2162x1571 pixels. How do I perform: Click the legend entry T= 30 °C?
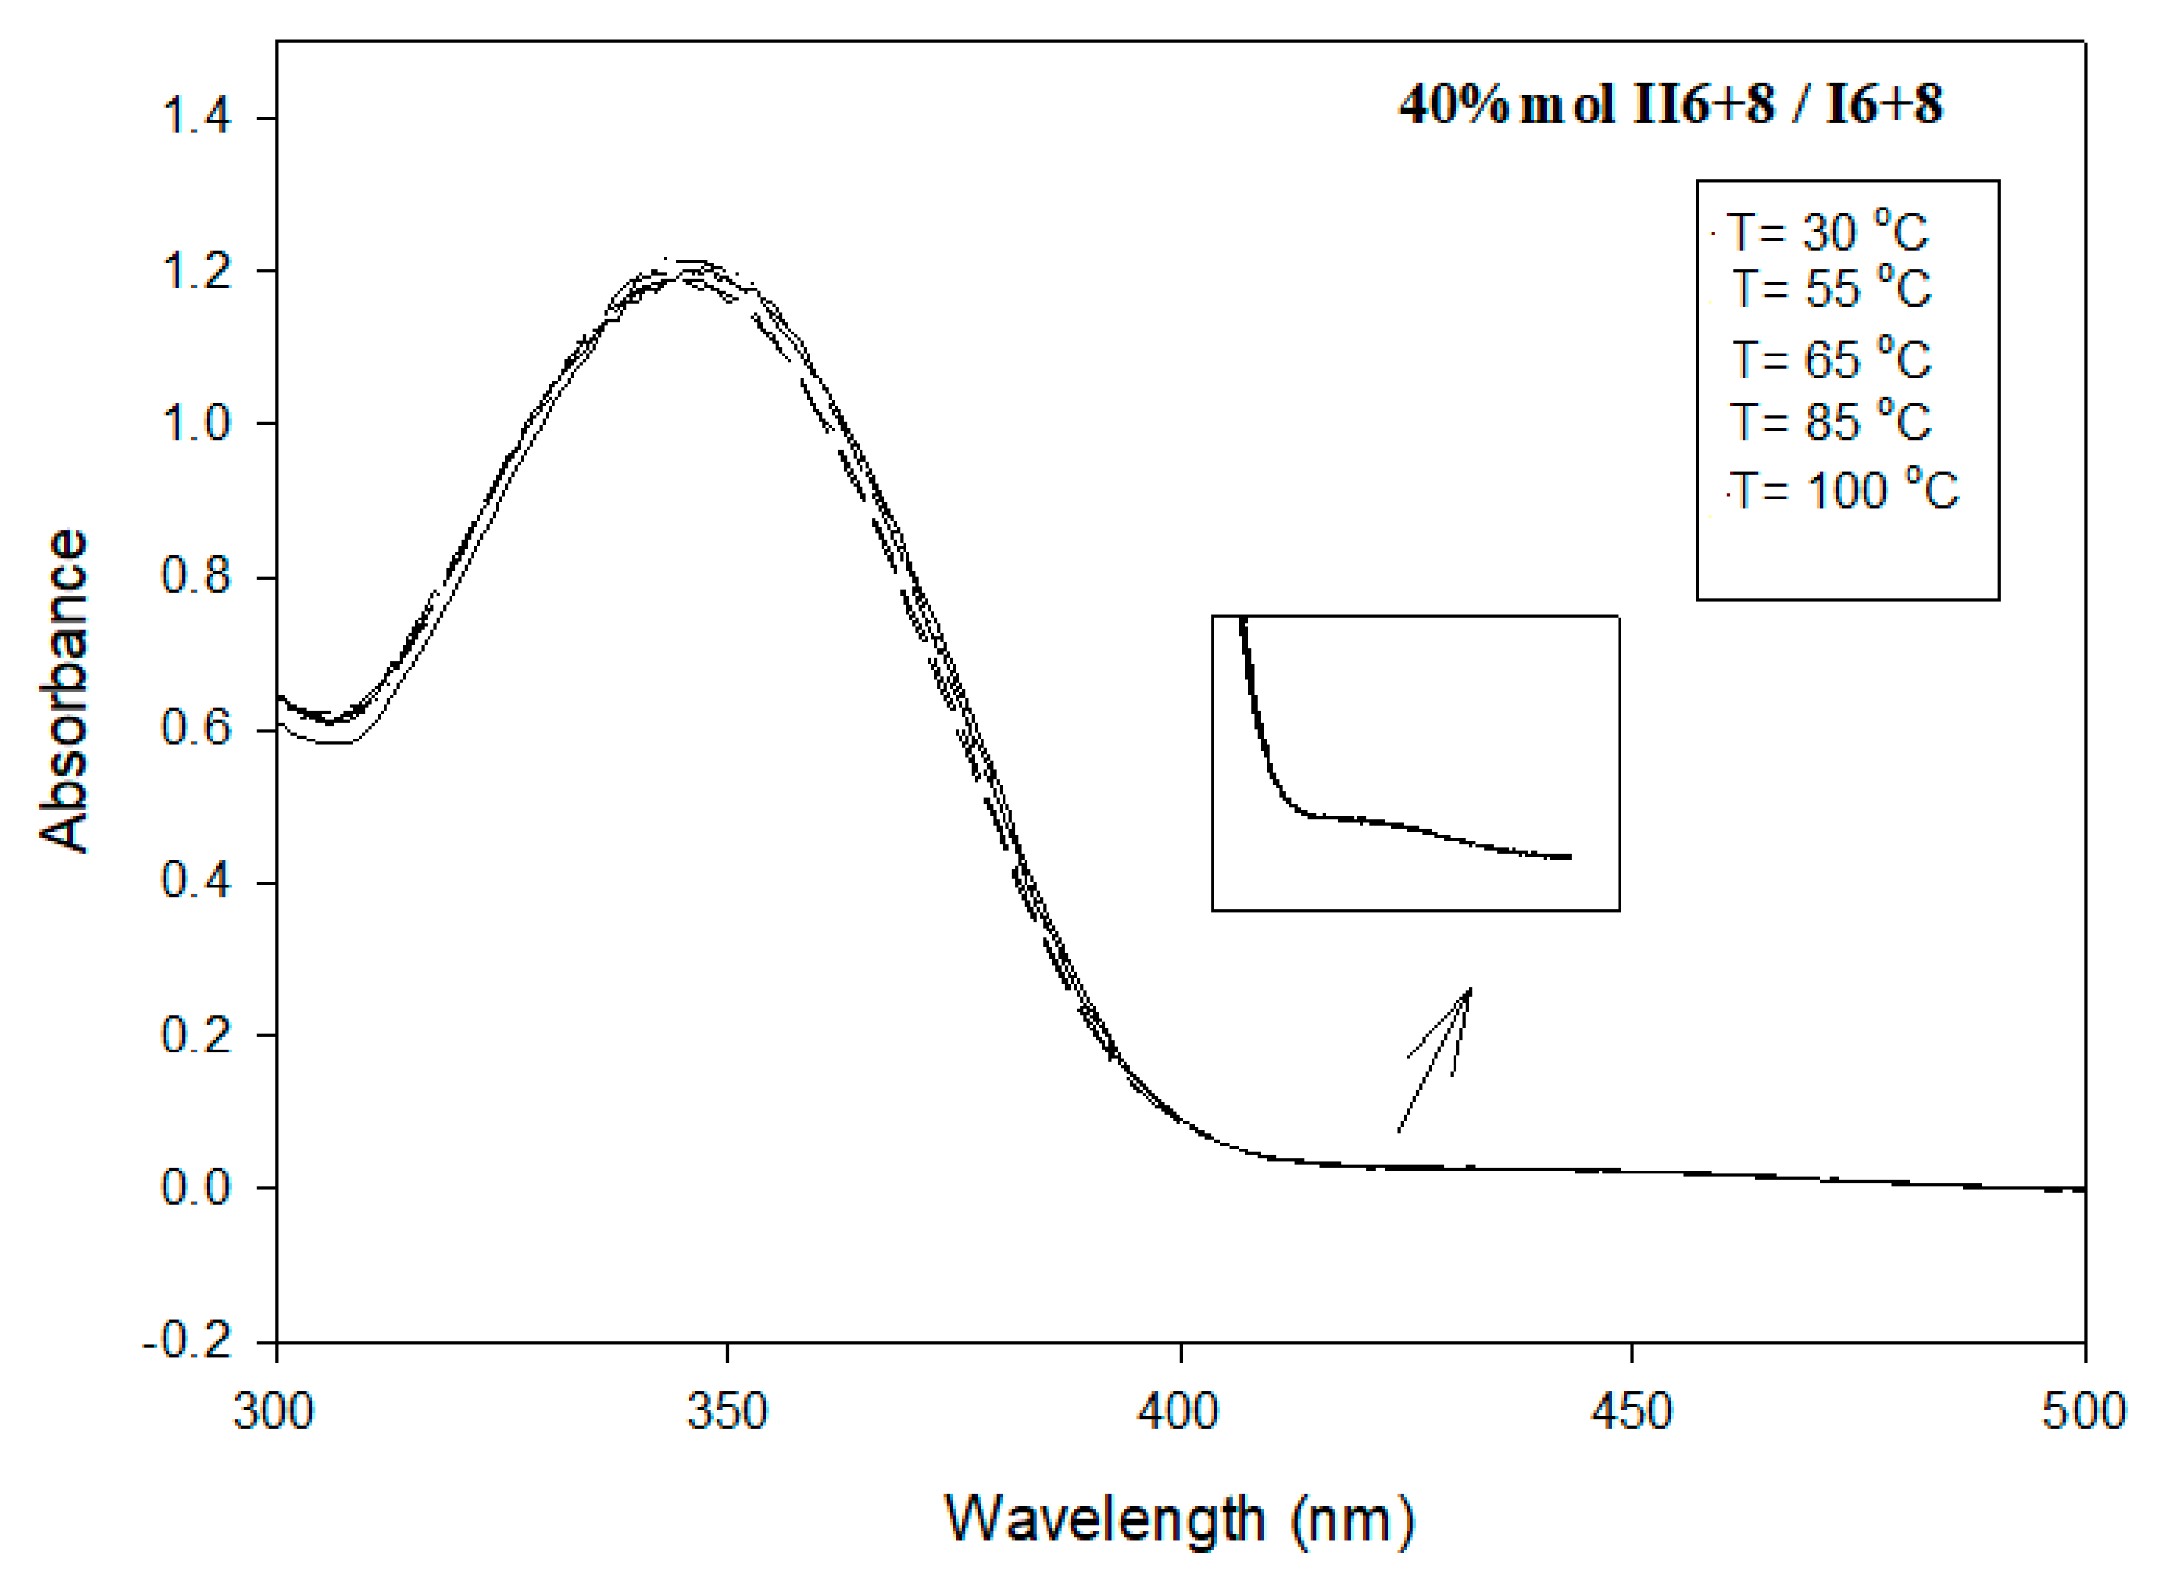tap(1828, 232)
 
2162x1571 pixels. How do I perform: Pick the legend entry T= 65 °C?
tap(1831, 359)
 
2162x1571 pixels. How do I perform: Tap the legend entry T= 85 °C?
tap(1831, 420)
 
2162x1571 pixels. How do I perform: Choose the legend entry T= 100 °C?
tap(1844, 490)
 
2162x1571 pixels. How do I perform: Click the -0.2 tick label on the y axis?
tap(188, 1341)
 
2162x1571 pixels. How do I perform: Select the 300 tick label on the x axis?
tap(274, 1412)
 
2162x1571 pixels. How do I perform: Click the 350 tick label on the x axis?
tap(728, 1412)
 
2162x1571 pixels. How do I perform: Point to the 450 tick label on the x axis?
tap(1632, 1412)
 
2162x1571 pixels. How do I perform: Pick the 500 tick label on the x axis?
tap(2084, 1412)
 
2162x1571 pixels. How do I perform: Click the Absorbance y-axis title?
tap(65, 691)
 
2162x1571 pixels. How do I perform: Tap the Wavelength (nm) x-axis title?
tap(1180, 1519)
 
